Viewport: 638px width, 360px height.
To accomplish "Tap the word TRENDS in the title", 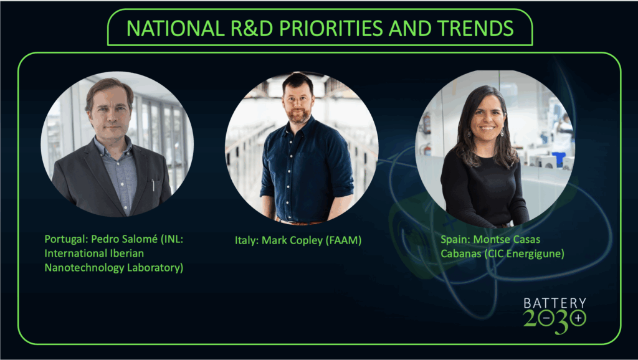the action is tap(475, 28).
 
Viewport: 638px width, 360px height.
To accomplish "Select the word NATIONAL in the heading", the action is tap(175, 28).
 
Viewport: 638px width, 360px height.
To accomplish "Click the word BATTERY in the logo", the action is tap(555, 303).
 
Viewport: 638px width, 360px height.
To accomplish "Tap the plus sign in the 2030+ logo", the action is tap(578, 317).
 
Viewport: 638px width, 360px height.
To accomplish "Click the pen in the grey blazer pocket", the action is tap(153, 185).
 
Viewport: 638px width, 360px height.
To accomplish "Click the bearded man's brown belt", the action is tap(298, 222).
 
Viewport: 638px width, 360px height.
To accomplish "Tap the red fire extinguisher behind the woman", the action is tap(426, 124).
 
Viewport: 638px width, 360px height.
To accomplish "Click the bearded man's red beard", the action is tap(298, 115).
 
